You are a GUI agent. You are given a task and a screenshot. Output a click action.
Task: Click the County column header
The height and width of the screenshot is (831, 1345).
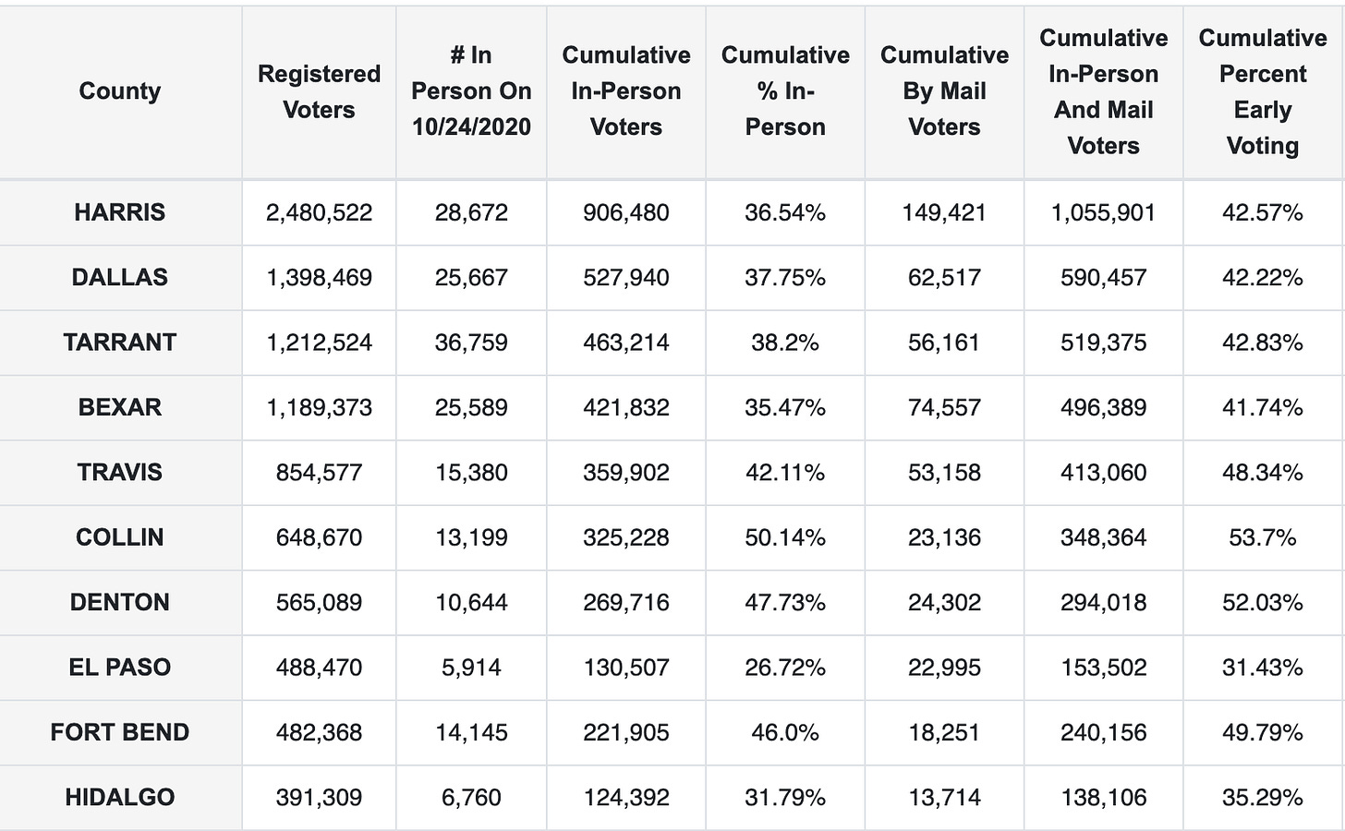click(x=120, y=90)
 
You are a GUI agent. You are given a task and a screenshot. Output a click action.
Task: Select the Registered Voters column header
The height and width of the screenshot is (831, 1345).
click(x=319, y=91)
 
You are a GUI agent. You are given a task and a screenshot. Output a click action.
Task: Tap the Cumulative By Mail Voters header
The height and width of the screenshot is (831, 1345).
click(x=944, y=91)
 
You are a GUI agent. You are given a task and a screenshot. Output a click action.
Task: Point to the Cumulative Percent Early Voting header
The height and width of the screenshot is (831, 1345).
click(x=1263, y=91)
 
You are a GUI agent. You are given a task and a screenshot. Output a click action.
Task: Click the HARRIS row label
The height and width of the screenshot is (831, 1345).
click(x=120, y=212)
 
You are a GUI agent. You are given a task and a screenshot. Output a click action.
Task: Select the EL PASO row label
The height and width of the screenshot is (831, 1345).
click(x=120, y=668)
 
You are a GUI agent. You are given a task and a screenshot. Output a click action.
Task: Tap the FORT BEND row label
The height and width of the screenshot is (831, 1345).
click(x=120, y=732)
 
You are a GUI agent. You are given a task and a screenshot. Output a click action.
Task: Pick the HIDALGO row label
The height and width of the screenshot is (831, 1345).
click(x=120, y=797)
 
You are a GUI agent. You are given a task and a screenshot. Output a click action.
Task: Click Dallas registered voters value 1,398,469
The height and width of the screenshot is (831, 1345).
click(x=319, y=277)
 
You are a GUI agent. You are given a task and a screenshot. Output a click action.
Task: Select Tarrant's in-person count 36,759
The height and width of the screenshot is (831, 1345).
click(x=471, y=343)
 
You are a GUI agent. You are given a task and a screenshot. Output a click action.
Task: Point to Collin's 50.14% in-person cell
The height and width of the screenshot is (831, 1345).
click(x=785, y=537)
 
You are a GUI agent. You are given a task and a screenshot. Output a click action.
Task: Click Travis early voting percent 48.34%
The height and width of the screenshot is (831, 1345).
click(x=1263, y=473)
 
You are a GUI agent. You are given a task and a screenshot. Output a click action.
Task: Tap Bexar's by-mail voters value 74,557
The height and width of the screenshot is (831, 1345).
click(x=944, y=407)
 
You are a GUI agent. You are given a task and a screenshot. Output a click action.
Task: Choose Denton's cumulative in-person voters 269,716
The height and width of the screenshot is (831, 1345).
click(x=626, y=602)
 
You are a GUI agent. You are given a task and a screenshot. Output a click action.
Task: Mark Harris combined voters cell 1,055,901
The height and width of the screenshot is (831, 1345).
click(x=1103, y=212)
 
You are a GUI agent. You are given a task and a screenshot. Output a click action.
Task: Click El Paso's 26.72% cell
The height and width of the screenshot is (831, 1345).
click(x=785, y=668)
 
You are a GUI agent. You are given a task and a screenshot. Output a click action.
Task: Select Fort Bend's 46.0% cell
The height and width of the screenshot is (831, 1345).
click(x=785, y=732)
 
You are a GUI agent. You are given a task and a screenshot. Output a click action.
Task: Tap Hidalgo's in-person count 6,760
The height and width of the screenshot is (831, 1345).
click(x=471, y=797)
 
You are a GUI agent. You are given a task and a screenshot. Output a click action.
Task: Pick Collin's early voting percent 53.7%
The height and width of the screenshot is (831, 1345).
click(x=1263, y=537)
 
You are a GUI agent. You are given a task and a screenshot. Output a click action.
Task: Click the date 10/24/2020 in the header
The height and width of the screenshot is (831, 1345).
click(x=471, y=126)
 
